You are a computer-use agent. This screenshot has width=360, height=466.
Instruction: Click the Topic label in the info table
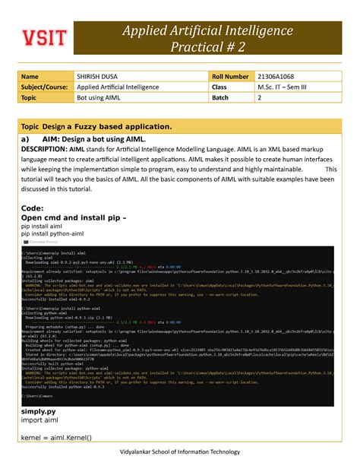(30, 97)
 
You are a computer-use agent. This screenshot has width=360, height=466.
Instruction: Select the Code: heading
(33, 208)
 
